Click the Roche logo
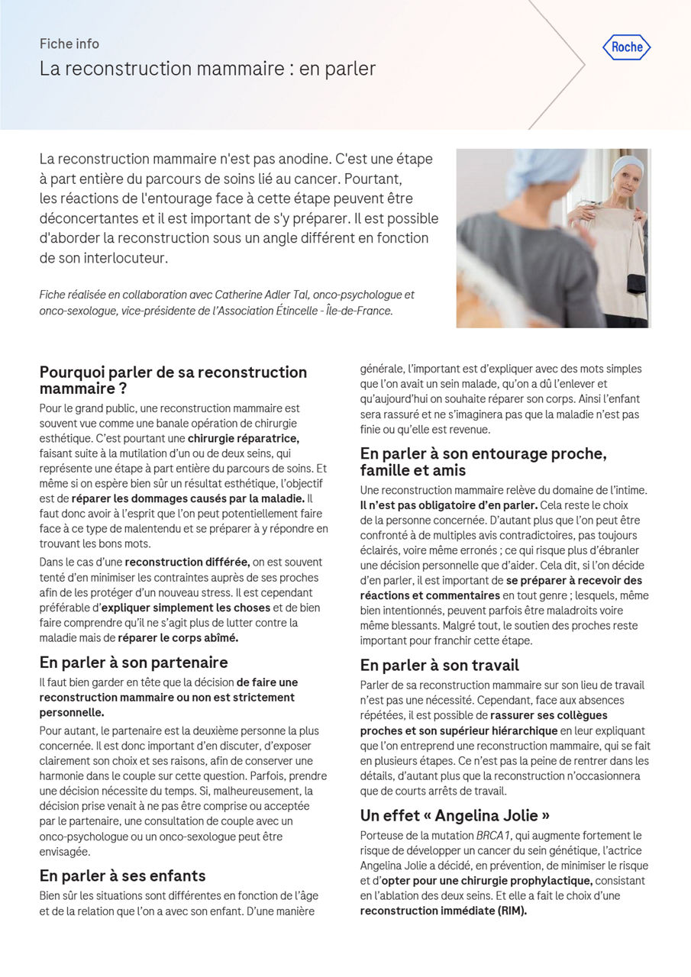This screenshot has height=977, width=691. pos(627,47)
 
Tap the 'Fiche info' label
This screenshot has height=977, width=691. pos(69,44)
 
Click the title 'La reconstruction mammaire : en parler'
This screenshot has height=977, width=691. pos(208,69)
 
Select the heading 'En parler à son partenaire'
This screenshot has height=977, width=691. pos(134,662)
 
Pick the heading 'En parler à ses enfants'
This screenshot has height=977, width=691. pos(122,875)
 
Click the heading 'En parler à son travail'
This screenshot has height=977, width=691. pos(439,665)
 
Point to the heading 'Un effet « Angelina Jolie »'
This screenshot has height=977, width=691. pos(455,814)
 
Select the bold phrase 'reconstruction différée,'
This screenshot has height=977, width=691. pos(187,563)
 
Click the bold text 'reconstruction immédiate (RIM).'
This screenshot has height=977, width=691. pos(444,911)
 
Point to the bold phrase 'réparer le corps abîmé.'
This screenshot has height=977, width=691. pos(178,638)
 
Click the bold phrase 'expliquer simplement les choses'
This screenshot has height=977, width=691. pos(186,608)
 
